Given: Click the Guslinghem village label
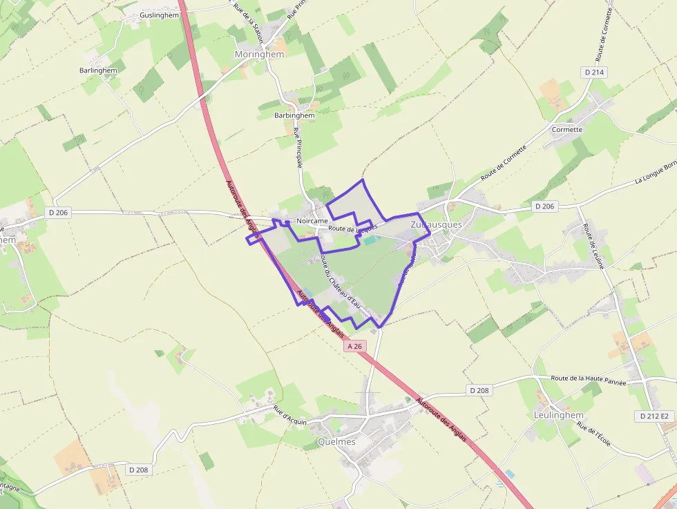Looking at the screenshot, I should pos(159,15).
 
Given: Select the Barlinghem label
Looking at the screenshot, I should pos(98,70).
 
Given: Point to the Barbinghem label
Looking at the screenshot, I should pos(294,115).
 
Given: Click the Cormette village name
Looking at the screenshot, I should pos(567,129).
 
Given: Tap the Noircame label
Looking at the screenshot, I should pos(312,220).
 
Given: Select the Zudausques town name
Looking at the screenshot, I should pos(436,225).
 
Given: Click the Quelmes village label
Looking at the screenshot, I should pos(336,442).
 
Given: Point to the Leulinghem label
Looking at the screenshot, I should pos(559,415).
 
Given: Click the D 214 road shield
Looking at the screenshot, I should pos(594,72).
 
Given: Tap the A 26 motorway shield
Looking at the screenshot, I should pos(355,345).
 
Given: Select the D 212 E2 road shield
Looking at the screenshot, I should pos(654,416).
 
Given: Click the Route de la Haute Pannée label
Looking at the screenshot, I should pos(589,381).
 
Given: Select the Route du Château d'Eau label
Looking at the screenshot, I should pos(342,284).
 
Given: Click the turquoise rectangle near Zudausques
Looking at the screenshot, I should pos(370,240).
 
